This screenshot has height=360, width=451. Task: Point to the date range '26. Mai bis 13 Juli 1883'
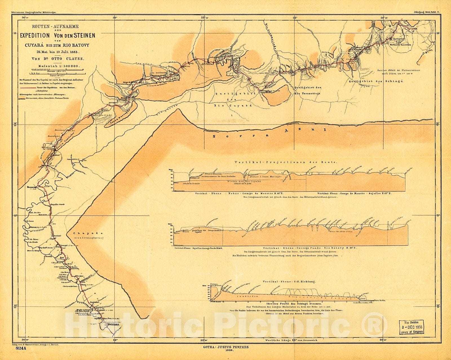click(57, 52)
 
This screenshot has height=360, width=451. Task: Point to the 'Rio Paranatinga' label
click(307, 93)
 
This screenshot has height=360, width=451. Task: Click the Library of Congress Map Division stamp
click(411, 327)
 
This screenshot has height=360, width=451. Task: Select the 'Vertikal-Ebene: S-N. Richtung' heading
click(289, 281)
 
